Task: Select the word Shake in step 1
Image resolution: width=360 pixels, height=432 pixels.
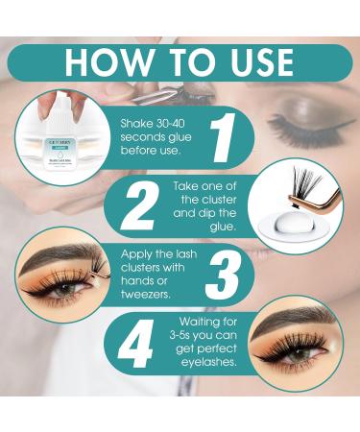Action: (x=135, y=123)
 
